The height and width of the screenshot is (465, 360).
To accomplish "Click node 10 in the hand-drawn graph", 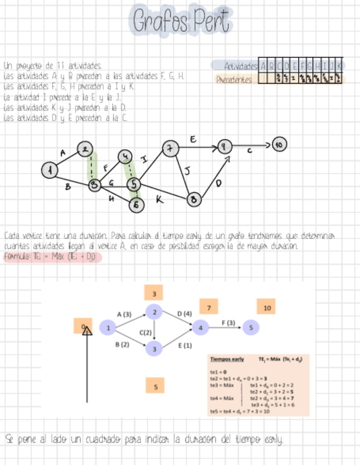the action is (280, 145).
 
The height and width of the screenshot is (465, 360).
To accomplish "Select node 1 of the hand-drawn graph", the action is (50, 171).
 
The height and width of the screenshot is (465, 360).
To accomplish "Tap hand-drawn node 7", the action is (170, 148).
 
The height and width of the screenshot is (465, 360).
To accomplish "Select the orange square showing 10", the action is (267, 308).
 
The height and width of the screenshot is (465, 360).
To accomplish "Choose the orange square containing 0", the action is (83, 327).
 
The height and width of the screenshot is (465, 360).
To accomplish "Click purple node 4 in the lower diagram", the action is (201, 328).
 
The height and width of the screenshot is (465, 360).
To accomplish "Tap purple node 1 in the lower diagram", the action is (109, 328).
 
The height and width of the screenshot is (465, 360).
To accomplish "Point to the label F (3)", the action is (228, 323).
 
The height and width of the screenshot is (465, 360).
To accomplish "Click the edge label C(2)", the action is (145, 333).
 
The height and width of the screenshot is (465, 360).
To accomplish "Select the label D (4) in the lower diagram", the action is (185, 314).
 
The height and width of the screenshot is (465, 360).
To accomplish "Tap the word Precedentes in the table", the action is (234, 80).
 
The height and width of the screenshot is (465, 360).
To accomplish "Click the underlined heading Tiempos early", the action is (227, 359).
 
